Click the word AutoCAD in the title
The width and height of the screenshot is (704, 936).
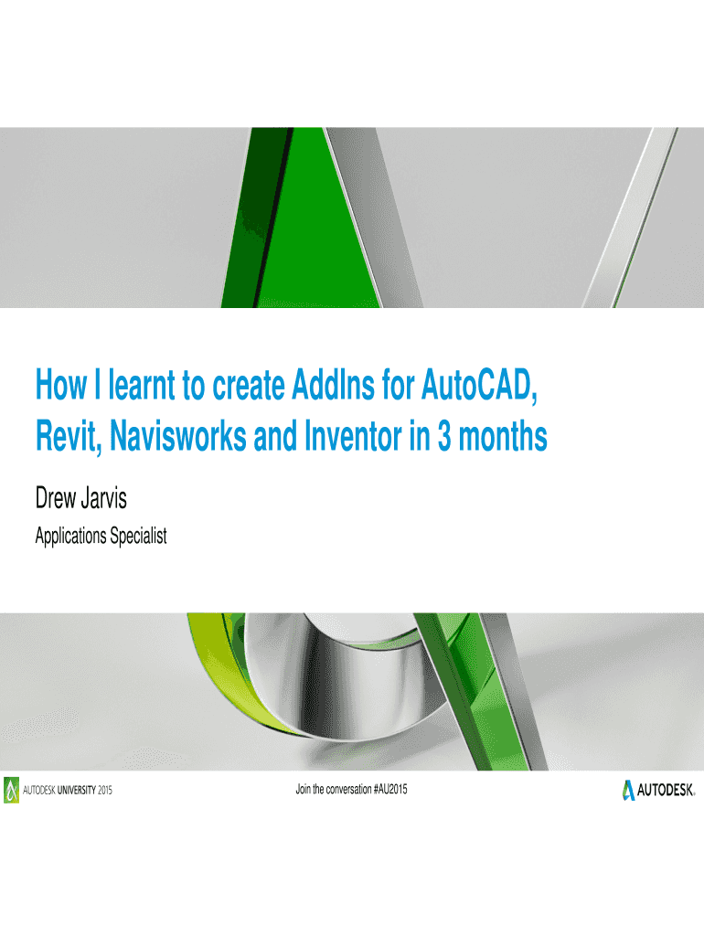[x=479, y=385]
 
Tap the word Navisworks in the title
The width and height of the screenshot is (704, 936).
[x=178, y=436]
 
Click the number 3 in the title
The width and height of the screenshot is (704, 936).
[x=444, y=436]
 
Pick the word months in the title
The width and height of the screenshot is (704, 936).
[x=503, y=436]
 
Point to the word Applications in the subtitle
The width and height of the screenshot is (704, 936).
[x=69, y=536]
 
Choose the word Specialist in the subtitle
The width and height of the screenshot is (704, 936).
[x=138, y=536]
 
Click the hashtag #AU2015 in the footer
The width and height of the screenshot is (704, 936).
[x=390, y=789]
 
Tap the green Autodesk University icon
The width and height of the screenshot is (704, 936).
[x=11, y=790]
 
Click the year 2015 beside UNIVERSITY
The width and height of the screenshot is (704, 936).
[x=105, y=791]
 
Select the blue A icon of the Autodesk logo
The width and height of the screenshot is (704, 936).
[x=628, y=790]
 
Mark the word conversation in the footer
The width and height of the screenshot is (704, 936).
[x=348, y=789]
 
